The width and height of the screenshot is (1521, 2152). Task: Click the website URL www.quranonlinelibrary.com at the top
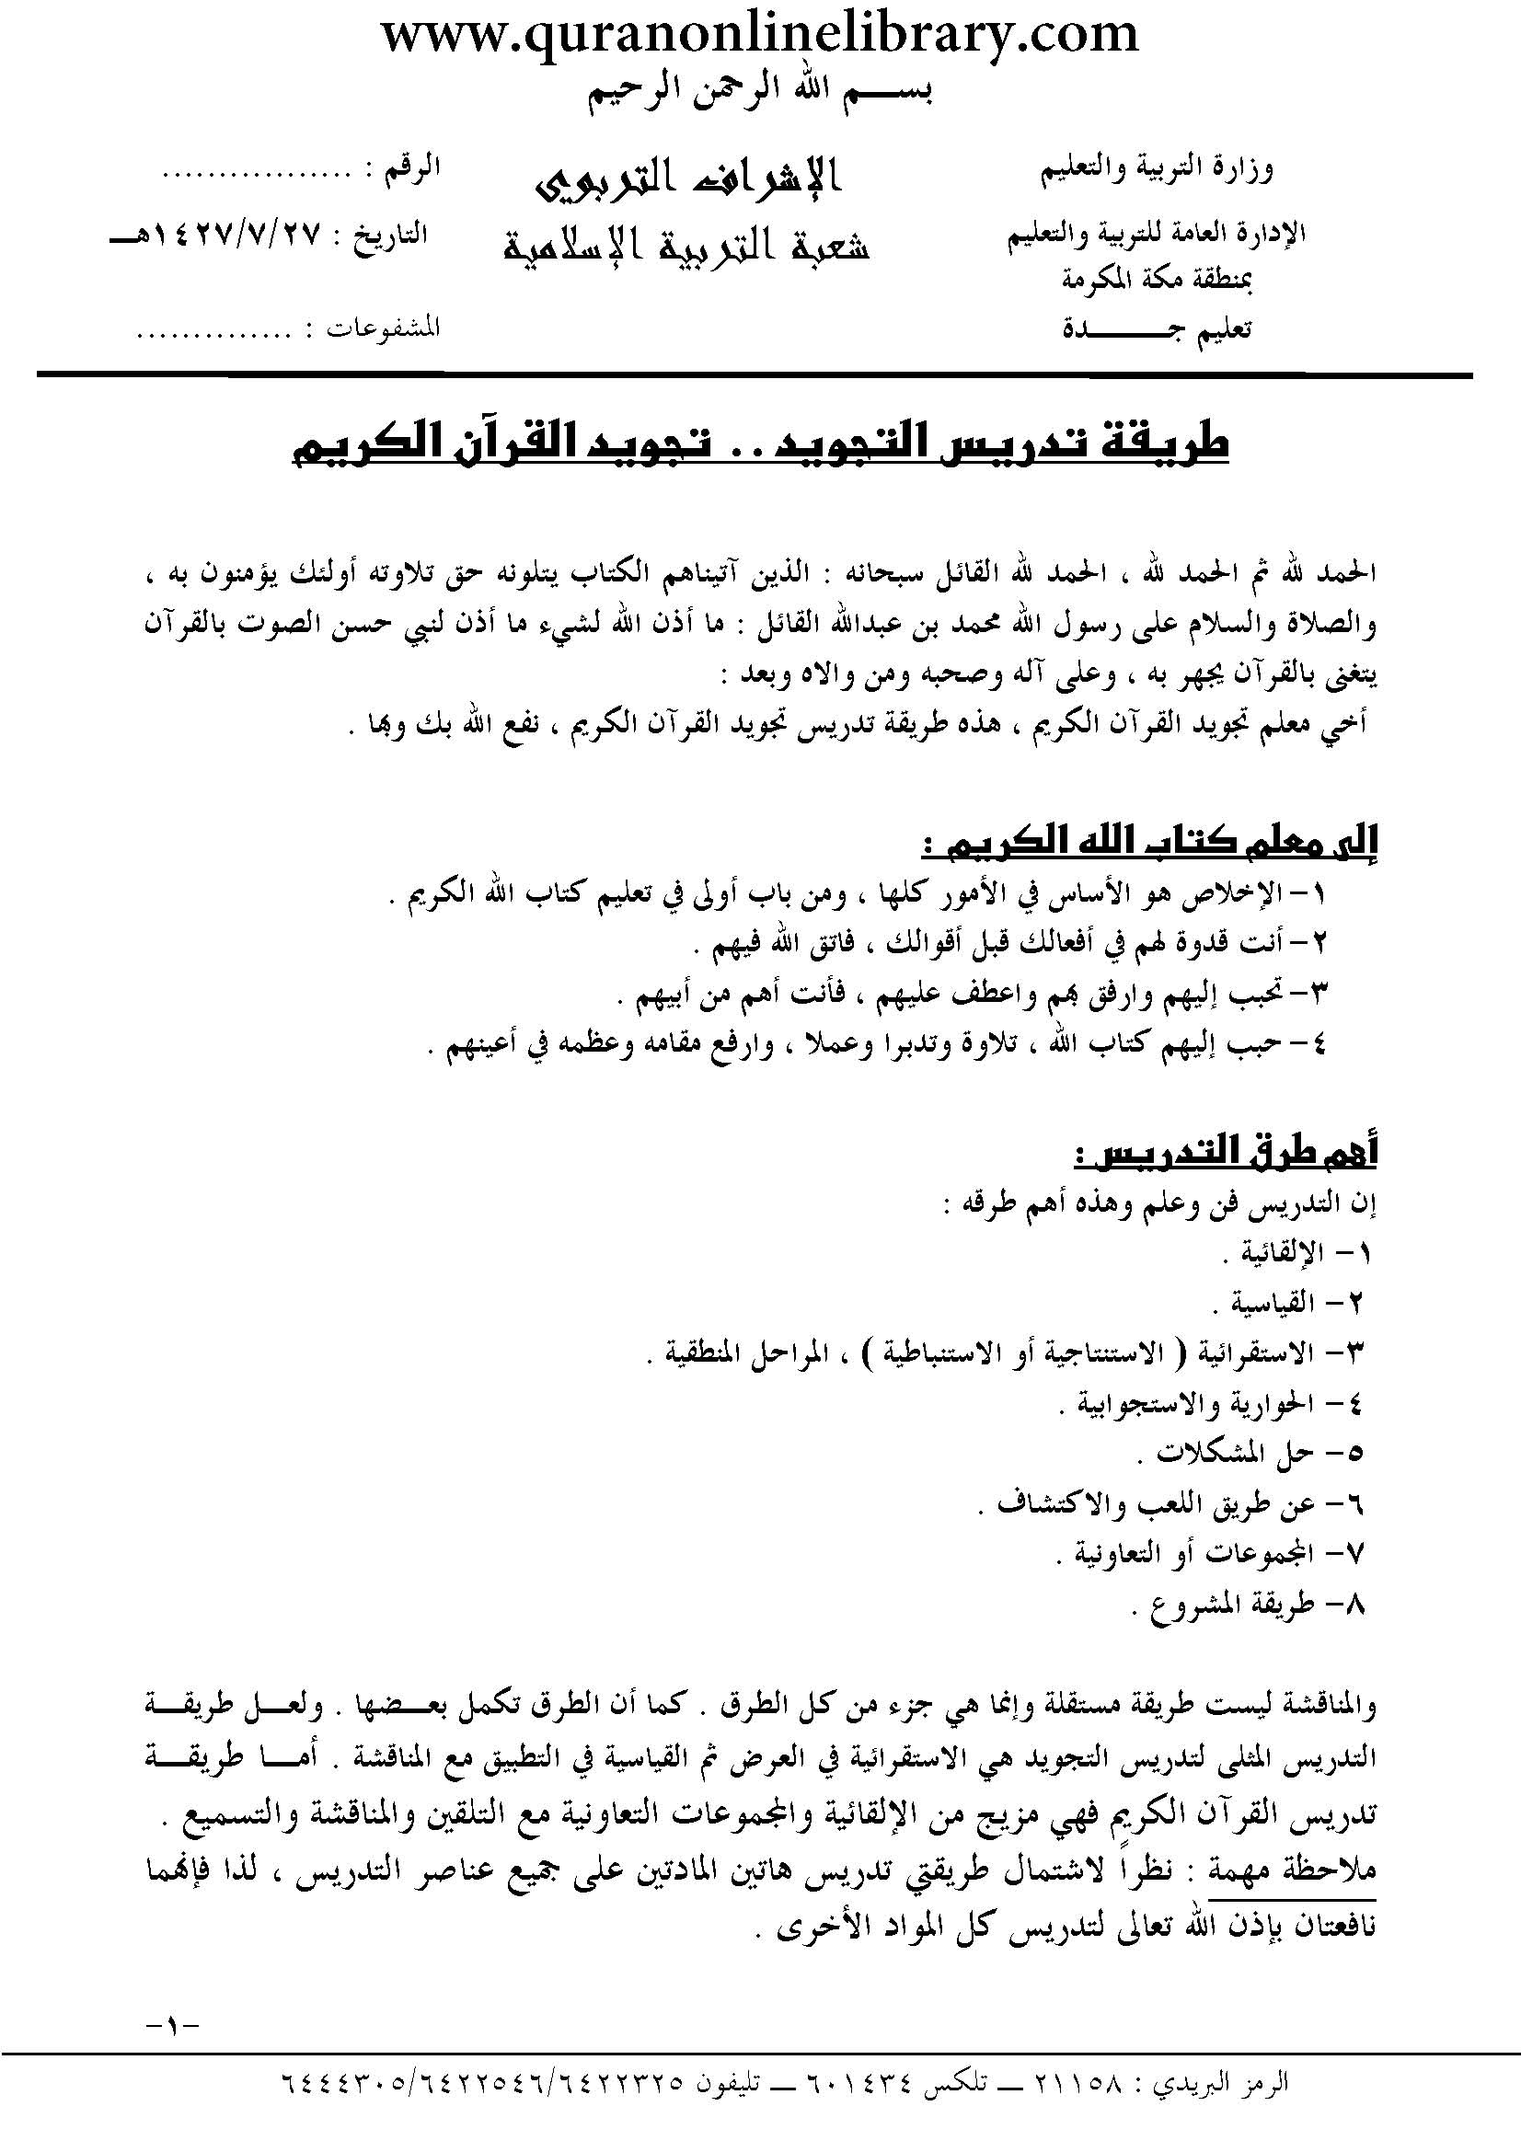pyautogui.click(x=760, y=35)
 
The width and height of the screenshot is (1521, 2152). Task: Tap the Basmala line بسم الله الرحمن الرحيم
pyautogui.click(x=760, y=94)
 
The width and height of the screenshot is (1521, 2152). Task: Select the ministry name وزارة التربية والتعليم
pyautogui.click(x=1158, y=170)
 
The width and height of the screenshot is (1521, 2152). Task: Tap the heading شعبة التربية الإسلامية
pyautogui.click(x=687, y=246)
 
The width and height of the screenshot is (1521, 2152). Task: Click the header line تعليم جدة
pyautogui.click(x=1158, y=330)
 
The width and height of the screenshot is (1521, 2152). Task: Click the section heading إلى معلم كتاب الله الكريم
pyautogui.click(x=1148, y=846)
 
